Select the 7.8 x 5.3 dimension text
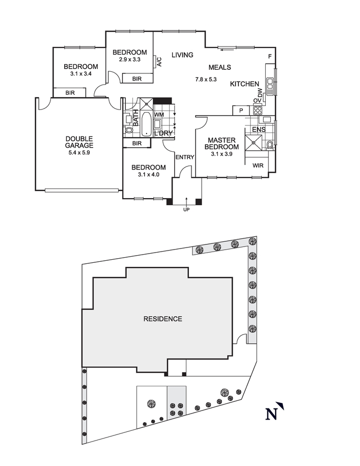tap(206, 79)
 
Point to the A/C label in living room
tap(159, 62)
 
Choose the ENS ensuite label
tap(258, 130)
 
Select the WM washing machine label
tap(159, 115)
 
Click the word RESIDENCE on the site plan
tap(162, 319)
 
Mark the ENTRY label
tap(184, 157)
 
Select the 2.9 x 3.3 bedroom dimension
tap(129, 60)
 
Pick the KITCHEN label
tap(245, 84)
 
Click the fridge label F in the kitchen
tap(270, 57)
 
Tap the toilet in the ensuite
tap(269, 145)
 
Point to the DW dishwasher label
tap(260, 93)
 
